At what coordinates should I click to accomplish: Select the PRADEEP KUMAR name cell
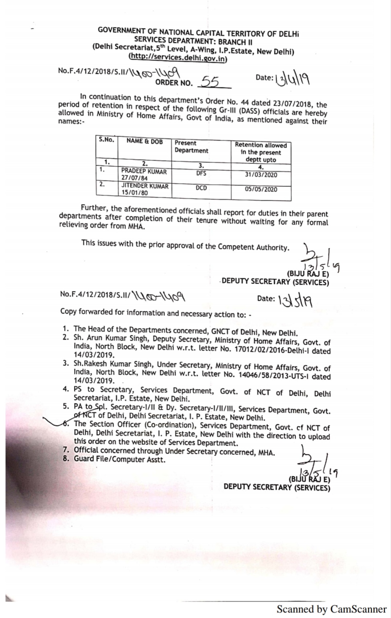point(144,174)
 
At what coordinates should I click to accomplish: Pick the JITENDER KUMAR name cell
point(144,189)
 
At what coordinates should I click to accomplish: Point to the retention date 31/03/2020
point(261,175)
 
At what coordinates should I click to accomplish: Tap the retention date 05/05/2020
point(261,189)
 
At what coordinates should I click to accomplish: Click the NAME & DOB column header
point(144,141)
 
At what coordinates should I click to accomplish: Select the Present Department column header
point(191,147)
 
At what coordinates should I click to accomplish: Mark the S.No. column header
point(106,140)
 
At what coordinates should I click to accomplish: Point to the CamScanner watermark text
point(331,609)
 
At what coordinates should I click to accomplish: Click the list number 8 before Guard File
point(65,458)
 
